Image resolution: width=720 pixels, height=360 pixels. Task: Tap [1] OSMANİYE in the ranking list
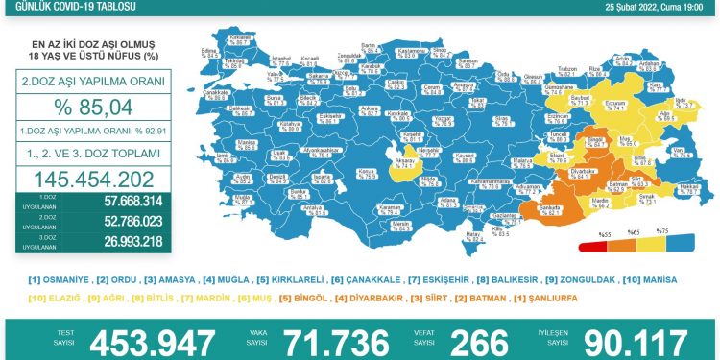[x=60, y=280]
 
